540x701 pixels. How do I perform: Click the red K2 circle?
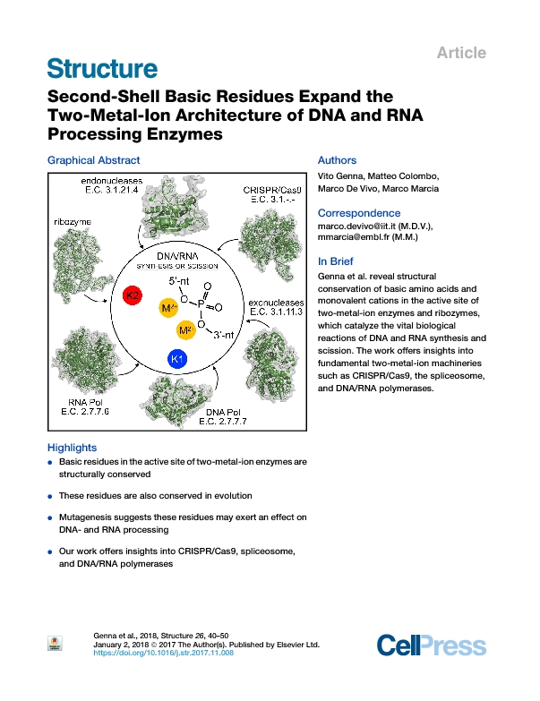[x=133, y=295]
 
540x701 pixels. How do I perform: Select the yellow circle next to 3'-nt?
[x=186, y=331]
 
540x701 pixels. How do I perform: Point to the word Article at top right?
[x=461, y=53]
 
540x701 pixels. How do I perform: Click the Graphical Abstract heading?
[x=93, y=160]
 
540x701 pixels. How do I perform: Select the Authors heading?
[x=338, y=160]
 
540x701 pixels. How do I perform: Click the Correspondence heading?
[x=357, y=213]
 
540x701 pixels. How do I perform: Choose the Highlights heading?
[x=72, y=448]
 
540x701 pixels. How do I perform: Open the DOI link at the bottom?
[x=164, y=654]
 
